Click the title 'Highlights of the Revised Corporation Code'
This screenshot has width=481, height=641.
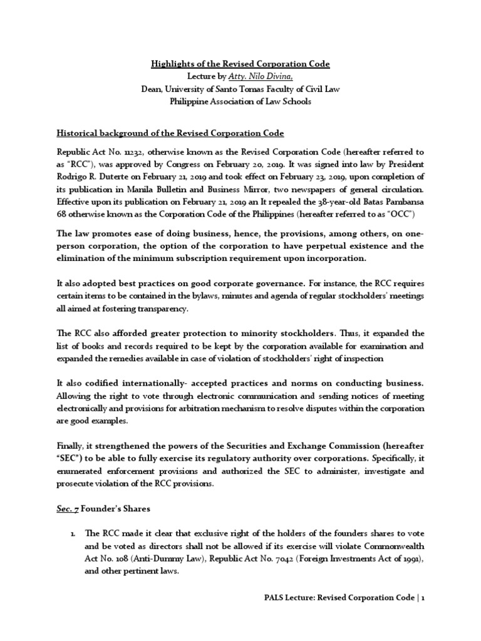click(x=240, y=64)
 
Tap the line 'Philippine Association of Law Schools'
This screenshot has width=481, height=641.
click(x=240, y=101)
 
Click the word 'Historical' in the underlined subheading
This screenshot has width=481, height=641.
click(x=77, y=134)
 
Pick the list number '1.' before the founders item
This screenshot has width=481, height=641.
click(x=73, y=533)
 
